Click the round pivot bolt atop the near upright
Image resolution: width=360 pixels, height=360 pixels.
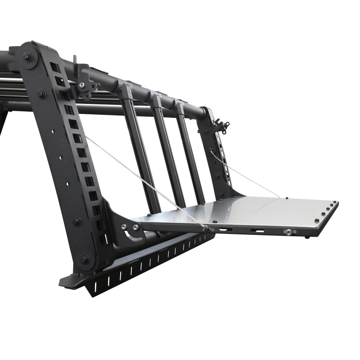(x=27, y=57)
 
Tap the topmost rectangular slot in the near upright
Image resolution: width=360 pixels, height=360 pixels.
(x=54, y=67)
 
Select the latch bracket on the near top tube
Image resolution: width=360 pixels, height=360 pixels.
(x=84, y=81)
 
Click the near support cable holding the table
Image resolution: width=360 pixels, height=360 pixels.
(x=144, y=180)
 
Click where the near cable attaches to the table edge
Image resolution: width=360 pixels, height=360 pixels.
(x=206, y=229)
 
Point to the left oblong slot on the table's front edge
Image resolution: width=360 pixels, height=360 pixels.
(x=225, y=230)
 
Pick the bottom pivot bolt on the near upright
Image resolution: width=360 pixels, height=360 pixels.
(x=84, y=260)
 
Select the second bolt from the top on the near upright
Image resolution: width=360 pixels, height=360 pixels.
(x=41, y=94)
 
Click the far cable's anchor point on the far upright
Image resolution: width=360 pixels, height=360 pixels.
(x=211, y=153)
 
